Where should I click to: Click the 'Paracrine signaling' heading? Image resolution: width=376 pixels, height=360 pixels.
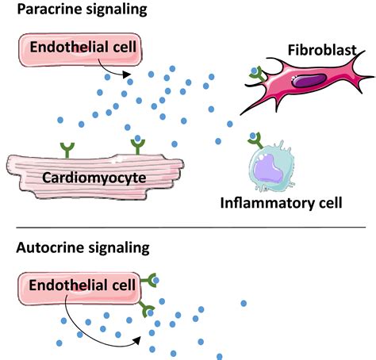coord(82,10)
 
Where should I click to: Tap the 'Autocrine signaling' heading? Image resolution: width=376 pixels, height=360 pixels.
coord(82,248)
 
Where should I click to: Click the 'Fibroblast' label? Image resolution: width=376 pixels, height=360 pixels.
coord(322,50)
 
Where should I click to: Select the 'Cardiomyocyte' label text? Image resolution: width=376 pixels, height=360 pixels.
coord(94,178)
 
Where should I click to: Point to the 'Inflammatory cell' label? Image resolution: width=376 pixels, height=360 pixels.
coord(281,203)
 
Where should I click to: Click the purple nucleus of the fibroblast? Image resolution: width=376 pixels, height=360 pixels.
coord(309,81)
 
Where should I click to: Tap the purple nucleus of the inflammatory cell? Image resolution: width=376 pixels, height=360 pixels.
coord(268,168)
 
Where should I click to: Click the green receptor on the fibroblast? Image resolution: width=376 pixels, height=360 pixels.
coord(258,75)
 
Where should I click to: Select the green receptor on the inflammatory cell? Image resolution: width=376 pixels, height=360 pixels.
coord(255,140)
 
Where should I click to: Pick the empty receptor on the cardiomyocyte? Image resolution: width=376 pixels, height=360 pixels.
coord(67,150)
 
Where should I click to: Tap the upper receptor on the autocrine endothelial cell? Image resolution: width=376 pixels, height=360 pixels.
coord(149,280)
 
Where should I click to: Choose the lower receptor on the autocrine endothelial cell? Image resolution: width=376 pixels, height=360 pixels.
coord(147,308)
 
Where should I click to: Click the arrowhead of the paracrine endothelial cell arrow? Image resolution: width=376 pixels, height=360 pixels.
coord(127,75)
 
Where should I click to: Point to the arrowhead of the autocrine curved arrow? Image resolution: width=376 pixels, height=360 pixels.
coord(136,340)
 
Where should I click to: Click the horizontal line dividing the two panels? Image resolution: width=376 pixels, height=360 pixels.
coord(191,227)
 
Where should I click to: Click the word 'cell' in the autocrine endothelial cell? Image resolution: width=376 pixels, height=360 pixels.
coord(124,285)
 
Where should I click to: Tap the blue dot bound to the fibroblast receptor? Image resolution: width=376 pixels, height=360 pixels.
coord(254,71)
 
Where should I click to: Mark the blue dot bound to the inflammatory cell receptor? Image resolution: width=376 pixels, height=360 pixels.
coord(253,136)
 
